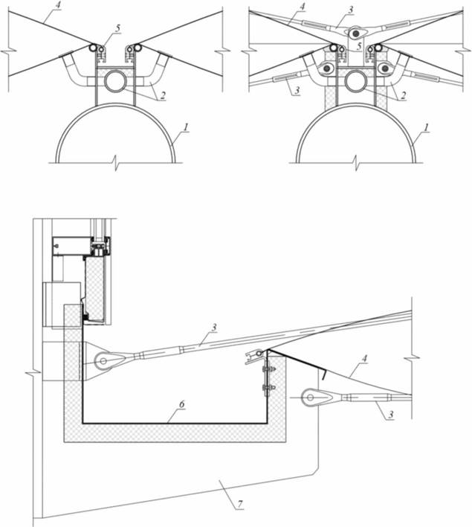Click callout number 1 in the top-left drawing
coord(186,128)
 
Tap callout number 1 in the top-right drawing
coord(426,128)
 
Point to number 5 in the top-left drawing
coord(117,28)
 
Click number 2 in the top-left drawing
coord(163,95)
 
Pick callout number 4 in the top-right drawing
coord(302,7)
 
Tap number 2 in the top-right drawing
coord(403,95)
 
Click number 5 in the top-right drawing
coord(359,46)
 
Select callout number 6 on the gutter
coord(181,404)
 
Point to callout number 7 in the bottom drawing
coord(239,504)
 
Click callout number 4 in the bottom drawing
coord(364,359)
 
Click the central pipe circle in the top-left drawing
coord(115,80)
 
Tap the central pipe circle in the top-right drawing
coord(355,80)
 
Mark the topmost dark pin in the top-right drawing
coord(355,33)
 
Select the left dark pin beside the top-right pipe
coord(326,68)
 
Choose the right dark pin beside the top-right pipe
coord(385,68)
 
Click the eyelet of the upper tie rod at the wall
coord(103,361)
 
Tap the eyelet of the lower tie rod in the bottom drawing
coord(311,397)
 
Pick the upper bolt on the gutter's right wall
coord(268,369)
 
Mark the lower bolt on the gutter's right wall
coord(268,387)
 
